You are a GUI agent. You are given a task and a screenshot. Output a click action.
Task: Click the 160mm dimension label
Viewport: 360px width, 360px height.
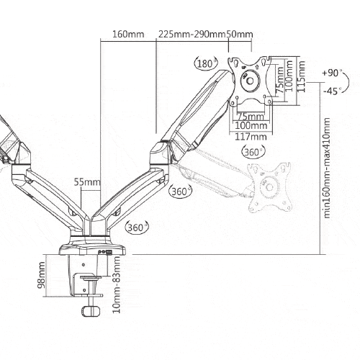click(128, 34)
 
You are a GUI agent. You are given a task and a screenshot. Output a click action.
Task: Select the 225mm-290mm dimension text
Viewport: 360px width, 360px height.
click(192, 34)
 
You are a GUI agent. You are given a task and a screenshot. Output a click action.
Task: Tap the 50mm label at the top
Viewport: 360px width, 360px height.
click(239, 34)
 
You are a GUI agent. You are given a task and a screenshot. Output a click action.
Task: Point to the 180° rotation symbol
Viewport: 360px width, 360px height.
click(206, 63)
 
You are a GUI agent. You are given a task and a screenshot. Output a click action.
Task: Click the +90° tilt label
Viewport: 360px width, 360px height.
click(333, 73)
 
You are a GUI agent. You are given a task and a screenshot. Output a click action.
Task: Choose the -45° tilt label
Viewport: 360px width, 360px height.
click(333, 91)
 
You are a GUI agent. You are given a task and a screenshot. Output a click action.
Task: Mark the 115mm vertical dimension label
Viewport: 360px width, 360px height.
click(301, 76)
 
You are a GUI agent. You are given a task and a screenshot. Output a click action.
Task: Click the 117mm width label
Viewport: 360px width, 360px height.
click(251, 137)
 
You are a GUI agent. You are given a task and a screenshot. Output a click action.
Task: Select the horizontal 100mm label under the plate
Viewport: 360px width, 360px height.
click(251, 125)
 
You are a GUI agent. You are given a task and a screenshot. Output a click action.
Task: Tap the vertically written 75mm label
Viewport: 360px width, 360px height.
click(279, 81)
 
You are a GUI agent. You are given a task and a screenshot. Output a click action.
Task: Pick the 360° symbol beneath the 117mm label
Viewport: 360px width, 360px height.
click(254, 152)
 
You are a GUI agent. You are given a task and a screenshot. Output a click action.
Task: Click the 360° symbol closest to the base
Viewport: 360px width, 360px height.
click(137, 227)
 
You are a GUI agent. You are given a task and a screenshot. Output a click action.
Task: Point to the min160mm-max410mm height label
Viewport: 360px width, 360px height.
click(327, 168)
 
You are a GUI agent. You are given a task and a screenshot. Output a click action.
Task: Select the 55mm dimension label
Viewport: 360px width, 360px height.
click(87, 182)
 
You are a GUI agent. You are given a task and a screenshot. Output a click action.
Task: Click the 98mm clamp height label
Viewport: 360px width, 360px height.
click(41, 275)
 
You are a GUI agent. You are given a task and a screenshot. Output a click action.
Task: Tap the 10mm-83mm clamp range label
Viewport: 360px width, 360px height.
click(117, 285)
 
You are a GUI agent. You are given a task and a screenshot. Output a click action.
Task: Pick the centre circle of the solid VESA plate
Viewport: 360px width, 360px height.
click(250, 80)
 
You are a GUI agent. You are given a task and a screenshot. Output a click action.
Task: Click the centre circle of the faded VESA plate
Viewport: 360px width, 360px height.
click(269, 186)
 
